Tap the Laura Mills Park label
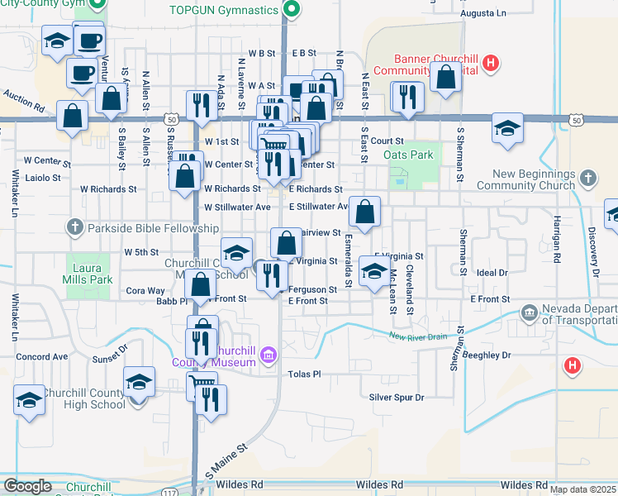click(x=92, y=274)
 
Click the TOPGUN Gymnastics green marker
click(x=291, y=10)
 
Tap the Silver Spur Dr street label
click(x=397, y=398)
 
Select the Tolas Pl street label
click(x=303, y=374)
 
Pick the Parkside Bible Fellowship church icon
click(x=74, y=227)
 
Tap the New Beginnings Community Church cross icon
click(x=587, y=178)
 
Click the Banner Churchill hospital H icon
click(x=491, y=62)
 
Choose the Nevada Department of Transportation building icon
click(x=530, y=312)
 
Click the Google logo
click(x=27, y=486)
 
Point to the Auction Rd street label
click(x=22, y=102)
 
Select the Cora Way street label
click(x=145, y=291)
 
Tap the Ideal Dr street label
click(x=491, y=272)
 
